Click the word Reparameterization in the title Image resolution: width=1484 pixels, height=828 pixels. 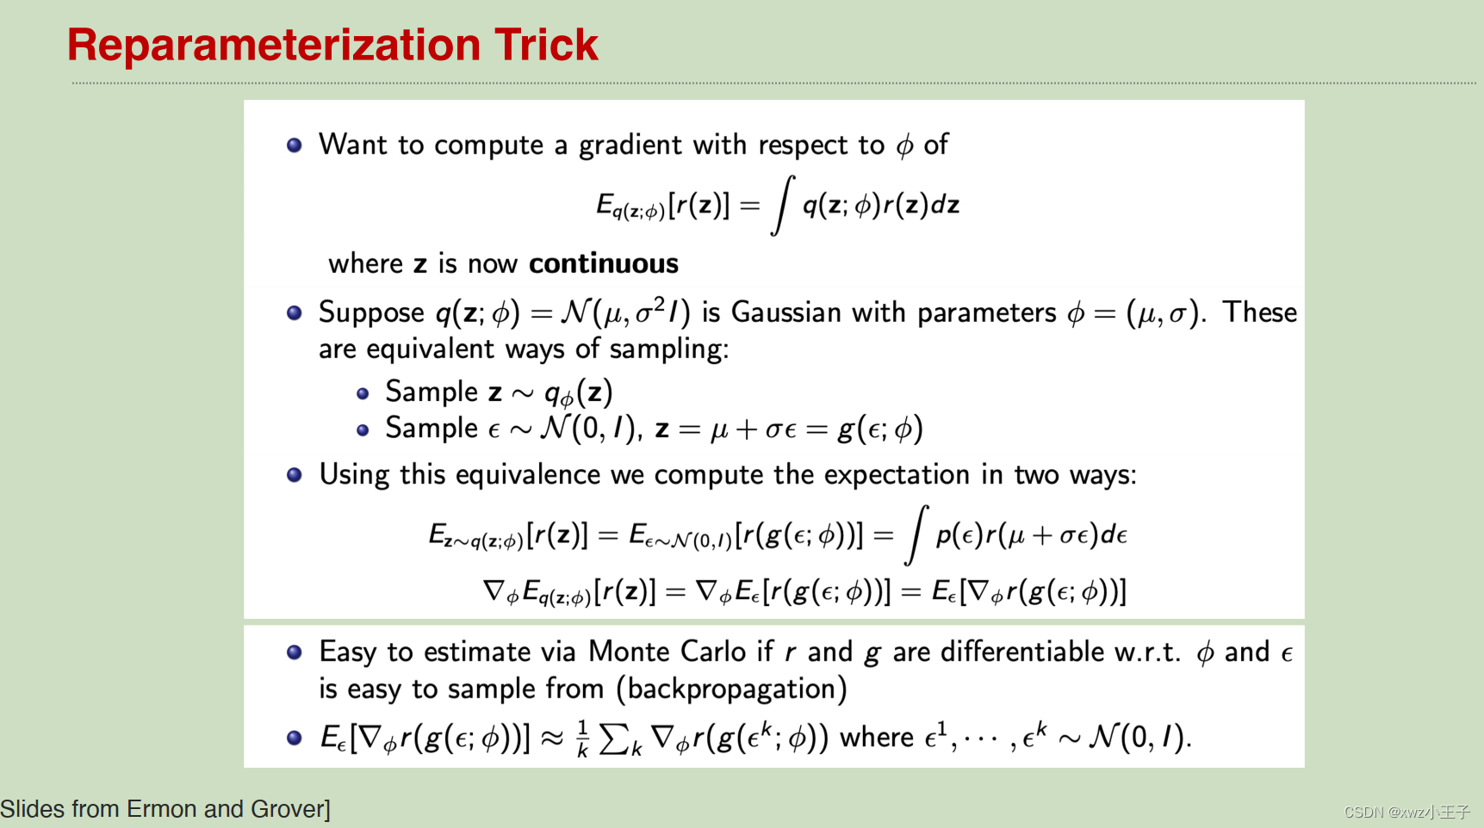[x=272, y=45]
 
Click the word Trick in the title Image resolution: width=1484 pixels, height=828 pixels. [x=546, y=45]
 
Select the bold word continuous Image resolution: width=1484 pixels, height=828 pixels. [x=603, y=263]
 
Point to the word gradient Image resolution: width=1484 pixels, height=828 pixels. [x=630, y=145]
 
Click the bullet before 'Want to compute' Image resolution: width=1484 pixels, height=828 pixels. [x=295, y=145]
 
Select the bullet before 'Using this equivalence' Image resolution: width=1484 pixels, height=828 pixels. [x=295, y=475]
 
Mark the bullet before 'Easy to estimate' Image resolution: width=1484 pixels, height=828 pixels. [x=295, y=652]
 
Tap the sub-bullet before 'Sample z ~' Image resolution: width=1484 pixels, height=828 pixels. [x=363, y=393]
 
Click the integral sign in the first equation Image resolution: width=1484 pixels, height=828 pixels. [x=782, y=205]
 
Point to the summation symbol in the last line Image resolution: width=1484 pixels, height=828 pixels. [x=613, y=738]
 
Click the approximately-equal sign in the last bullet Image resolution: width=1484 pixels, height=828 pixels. [x=552, y=738]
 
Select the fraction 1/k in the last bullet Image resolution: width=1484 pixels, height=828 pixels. [x=582, y=738]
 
